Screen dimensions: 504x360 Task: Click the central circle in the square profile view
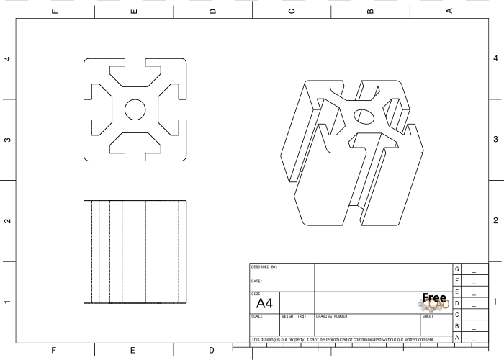point(135,109)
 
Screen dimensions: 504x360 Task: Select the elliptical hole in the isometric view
point(364,117)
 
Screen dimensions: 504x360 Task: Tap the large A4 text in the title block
point(264,303)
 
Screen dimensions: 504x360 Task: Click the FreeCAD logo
point(434,302)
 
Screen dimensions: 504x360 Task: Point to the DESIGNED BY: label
point(264,267)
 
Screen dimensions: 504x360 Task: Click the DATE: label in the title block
point(256,282)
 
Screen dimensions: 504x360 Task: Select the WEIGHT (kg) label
point(294,316)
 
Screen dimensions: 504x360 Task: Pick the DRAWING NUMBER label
point(331,316)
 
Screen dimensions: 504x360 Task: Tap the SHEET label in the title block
point(428,316)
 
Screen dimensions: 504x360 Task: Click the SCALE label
point(256,316)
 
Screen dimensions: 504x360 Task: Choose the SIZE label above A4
point(256,294)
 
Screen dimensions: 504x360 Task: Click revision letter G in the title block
point(456,269)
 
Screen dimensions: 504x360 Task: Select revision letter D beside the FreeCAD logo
point(456,303)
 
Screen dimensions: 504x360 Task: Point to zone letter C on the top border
point(292,12)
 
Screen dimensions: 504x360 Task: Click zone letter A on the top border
point(449,11)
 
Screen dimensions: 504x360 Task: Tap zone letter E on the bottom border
point(132,351)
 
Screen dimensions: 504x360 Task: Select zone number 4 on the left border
point(7,59)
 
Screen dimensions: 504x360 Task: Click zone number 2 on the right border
point(495,220)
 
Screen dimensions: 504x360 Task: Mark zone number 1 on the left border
point(7,302)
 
